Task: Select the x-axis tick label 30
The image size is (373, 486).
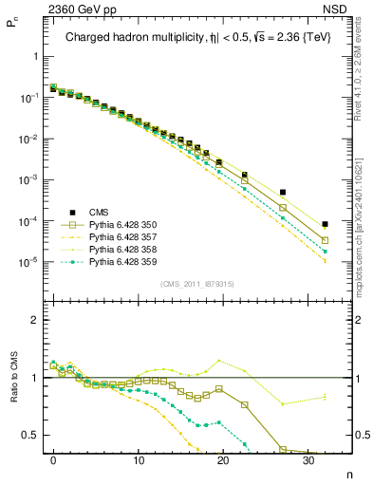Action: coord(308,459)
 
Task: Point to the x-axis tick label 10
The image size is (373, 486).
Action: coord(138,459)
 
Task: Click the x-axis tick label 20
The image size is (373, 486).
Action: coord(223,459)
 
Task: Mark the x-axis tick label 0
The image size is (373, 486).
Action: coord(53,459)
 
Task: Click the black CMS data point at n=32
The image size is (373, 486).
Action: coord(325,225)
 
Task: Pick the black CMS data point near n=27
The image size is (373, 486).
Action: coord(282,193)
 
